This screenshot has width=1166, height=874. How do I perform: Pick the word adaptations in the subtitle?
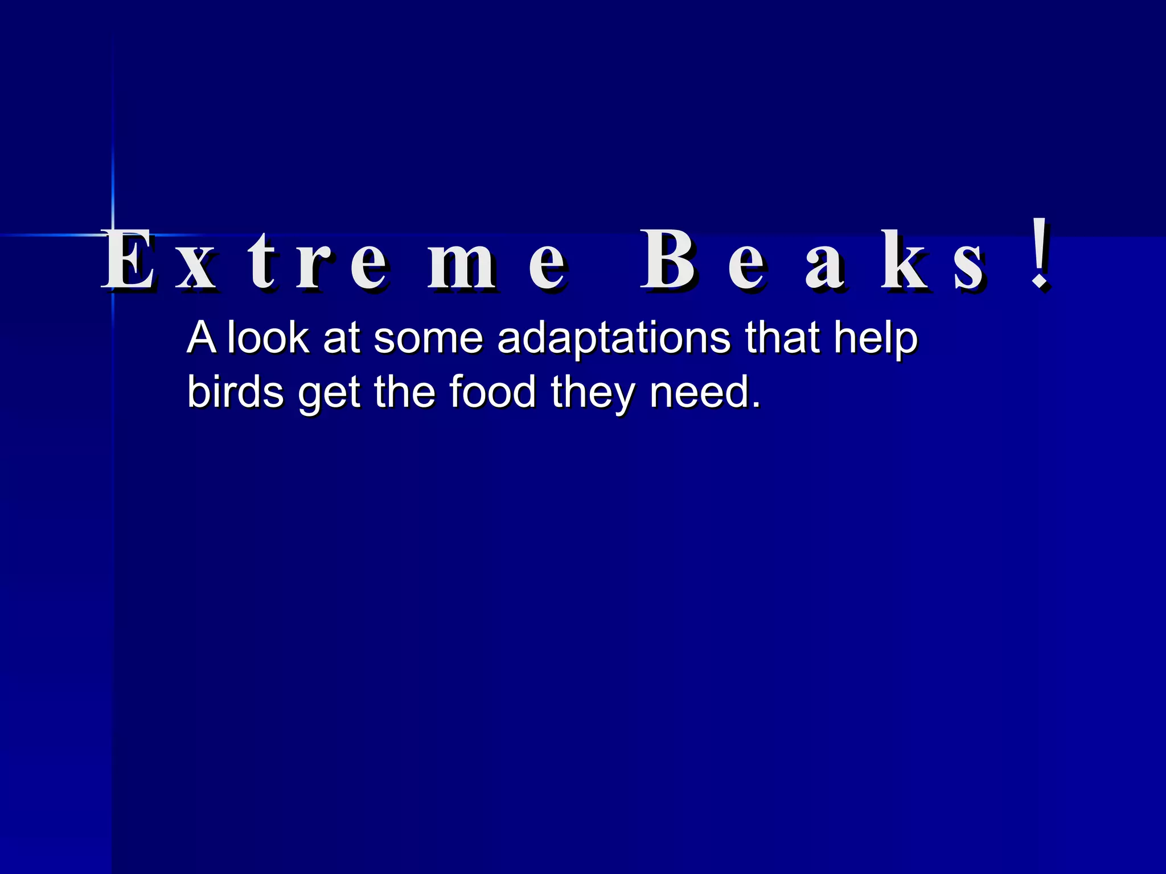pyautogui.click(x=614, y=338)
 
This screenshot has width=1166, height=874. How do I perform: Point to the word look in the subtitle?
pyautogui.click(x=268, y=338)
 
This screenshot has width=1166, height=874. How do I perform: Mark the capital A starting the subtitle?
pyautogui.click(x=201, y=338)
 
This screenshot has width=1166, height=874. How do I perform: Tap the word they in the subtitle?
pyautogui.click(x=593, y=393)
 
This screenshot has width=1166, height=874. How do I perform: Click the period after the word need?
pyautogui.click(x=756, y=405)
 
